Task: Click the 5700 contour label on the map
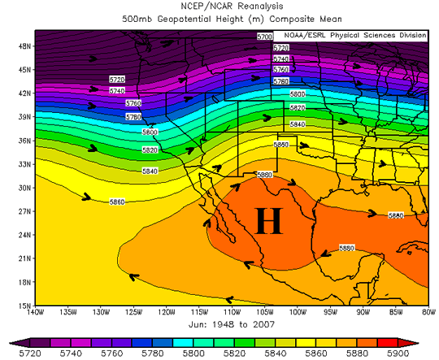264,37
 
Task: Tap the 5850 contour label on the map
281,144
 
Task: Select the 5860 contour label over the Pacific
115,201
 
